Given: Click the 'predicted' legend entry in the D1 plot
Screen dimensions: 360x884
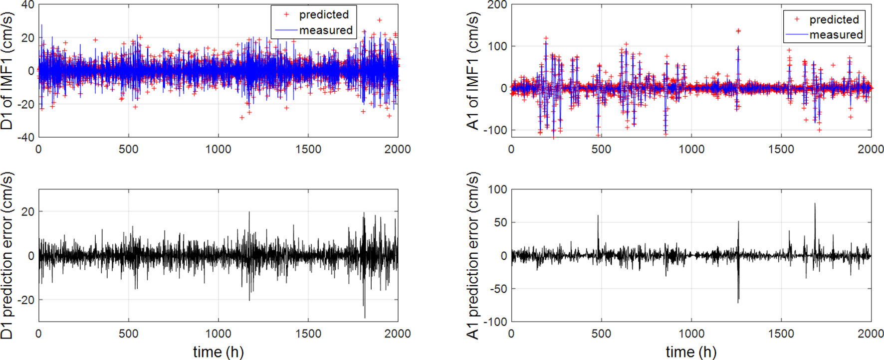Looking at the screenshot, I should click(x=323, y=14).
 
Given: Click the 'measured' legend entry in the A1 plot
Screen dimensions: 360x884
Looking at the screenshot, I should click(x=836, y=35).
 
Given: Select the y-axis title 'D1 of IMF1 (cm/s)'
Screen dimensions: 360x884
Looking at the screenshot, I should click(x=7, y=71).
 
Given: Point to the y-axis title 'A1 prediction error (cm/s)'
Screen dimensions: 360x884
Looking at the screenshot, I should click(x=473, y=256).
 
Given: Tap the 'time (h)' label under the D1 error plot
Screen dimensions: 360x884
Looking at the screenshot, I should click(x=218, y=352).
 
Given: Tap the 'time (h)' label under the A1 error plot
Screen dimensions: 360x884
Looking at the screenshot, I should click(x=691, y=352).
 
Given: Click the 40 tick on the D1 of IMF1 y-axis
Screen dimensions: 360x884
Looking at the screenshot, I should click(x=28, y=5).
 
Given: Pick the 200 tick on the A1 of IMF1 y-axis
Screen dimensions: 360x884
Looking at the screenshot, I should click(x=497, y=5).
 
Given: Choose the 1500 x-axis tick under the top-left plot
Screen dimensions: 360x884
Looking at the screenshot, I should click(x=308, y=149).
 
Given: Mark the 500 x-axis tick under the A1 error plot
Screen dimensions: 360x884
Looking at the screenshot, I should click(x=601, y=333).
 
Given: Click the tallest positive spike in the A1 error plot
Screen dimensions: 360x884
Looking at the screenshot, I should click(x=815, y=203).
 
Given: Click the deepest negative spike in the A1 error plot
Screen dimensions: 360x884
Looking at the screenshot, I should click(x=738, y=302).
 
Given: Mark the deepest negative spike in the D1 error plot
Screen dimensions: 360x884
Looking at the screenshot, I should click(x=365, y=318).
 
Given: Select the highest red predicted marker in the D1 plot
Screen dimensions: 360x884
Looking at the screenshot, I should click(x=380, y=20).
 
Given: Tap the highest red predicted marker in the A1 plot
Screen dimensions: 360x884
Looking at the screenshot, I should click(x=738, y=31).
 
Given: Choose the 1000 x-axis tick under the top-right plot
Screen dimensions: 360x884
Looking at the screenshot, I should click(x=691, y=149).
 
